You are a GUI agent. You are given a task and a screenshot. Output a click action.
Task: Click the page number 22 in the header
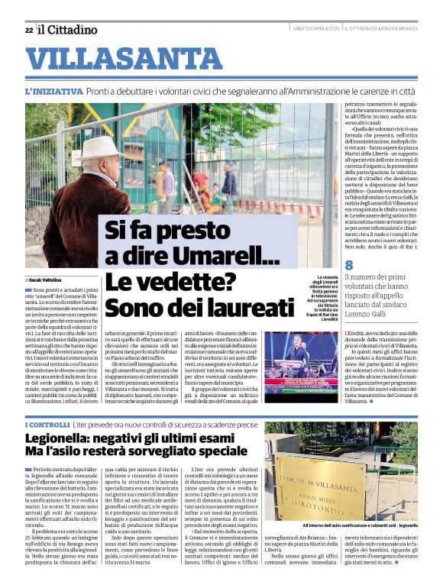[28, 30]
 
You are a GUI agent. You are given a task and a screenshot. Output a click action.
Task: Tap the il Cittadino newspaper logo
[68, 30]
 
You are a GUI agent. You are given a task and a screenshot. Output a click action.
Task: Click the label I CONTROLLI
[47, 424]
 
